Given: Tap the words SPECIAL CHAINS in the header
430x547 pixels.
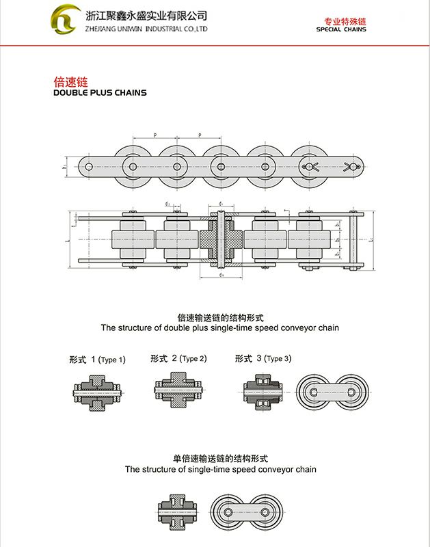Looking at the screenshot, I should click(341, 29).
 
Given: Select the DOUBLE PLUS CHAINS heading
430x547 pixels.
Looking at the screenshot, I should click(100, 92).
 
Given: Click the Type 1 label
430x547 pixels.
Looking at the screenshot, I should click(97, 359).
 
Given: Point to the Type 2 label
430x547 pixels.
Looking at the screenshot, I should click(178, 358).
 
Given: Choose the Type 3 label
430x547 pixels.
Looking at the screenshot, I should click(263, 358).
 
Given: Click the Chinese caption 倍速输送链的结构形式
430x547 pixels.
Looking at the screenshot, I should click(220, 317).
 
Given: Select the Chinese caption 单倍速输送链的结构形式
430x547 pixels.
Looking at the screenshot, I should click(220, 459).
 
